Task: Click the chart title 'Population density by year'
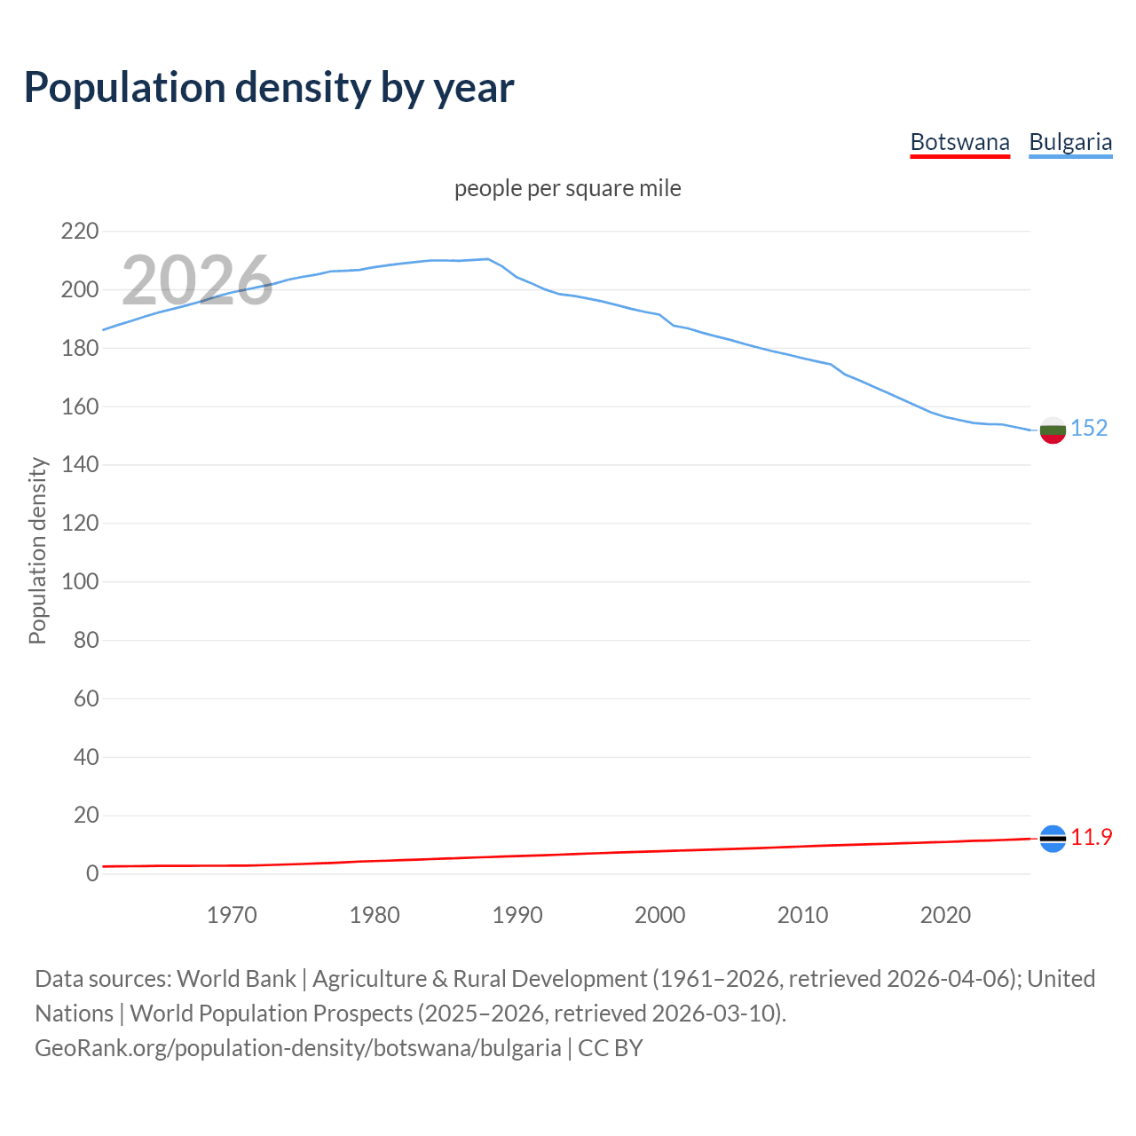pyautogui.click(x=269, y=88)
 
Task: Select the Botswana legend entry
pyautogui.click(x=959, y=142)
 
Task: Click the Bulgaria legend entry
pyautogui.click(x=1069, y=142)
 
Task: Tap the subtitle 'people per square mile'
pyautogui.click(x=567, y=188)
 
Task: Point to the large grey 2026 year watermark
pyautogui.click(x=197, y=280)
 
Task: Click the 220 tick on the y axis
pyautogui.click(x=79, y=232)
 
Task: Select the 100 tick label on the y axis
pyautogui.click(x=79, y=582)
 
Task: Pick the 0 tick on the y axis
pyautogui.click(x=91, y=874)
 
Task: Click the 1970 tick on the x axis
pyautogui.click(x=232, y=915)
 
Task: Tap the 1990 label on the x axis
pyautogui.click(x=517, y=915)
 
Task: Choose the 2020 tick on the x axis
pyautogui.click(x=945, y=915)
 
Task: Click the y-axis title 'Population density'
pyautogui.click(x=37, y=550)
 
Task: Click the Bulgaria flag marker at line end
pyautogui.click(x=1052, y=430)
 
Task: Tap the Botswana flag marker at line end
pyautogui.click(x=1052, y=839)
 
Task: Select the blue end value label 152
pyautogui.click(x=1089, y=428)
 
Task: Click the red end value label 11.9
pyautogui.click(x=1091, y=837)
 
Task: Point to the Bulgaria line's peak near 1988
pyautogui.click(x=488, y=259)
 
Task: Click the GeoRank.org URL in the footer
pyautogui.click(x=297, y=1048)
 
